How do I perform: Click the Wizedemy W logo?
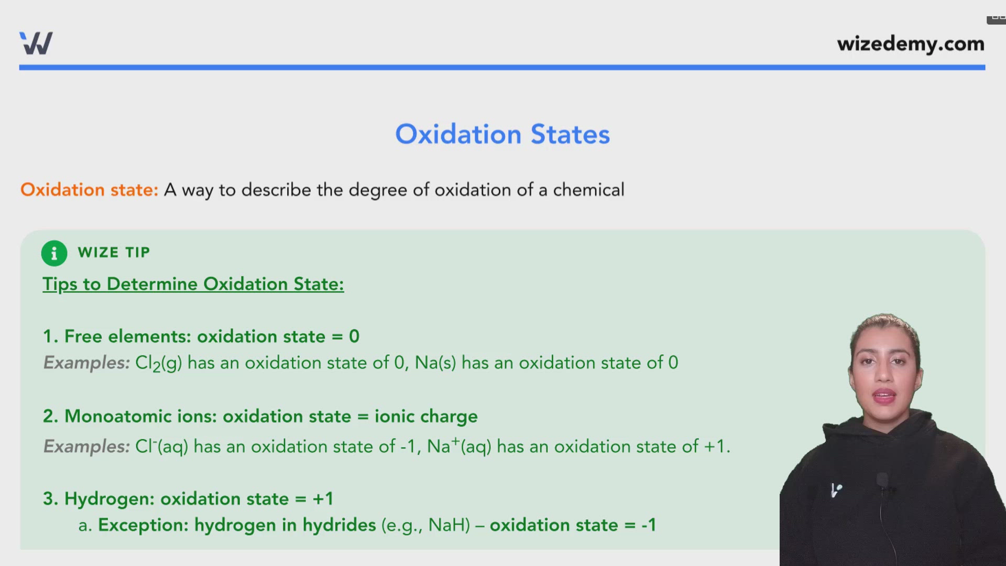click(x=36, y=43)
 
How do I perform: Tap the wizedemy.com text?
click(x=910, y=44)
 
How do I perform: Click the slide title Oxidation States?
click(x=502, y=134)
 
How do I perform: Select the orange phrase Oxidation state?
click(x=89, y=190)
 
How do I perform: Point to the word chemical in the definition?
click(x=588, y=190)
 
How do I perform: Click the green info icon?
click(x=54, y=253)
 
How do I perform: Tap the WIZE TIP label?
click(x=114, y=253)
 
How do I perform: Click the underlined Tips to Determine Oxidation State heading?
click(x=193, y=284)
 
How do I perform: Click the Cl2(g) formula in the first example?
click(x=158, y=363)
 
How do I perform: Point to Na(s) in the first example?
click(x=435, y=363)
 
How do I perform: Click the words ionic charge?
click(x=425, y=416)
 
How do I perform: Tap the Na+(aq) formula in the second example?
click(x=459, y=447)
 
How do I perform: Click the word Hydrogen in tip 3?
click(x=109, y=499)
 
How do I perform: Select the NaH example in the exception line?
click(x=449, y=525)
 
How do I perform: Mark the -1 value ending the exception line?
click(x=649, y=525)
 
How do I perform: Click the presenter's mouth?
click(x=884, y=396)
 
